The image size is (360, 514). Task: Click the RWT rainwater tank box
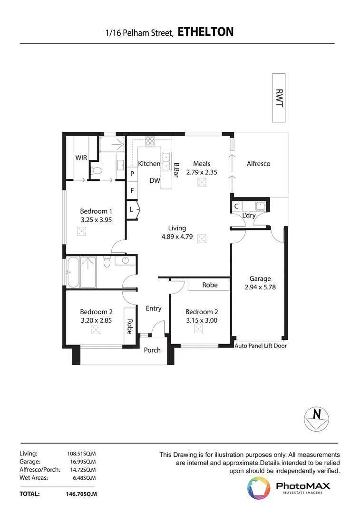pos(279,98)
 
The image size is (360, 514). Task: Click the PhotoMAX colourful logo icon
pos(259,488)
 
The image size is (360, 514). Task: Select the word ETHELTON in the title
pos(206,32)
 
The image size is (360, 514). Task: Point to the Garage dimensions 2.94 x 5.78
pos(260,287)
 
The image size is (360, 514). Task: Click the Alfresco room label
pos(258,164)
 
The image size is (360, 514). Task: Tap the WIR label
pos(81,158)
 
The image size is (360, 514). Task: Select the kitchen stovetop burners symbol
pos(150,141)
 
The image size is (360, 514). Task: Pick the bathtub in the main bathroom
pos(73,272)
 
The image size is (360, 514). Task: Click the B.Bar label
pos(176,170)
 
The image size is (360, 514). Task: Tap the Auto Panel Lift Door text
pos(261,346)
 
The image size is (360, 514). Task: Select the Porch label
pos(152,350)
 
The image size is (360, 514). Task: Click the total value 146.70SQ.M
pos(82,494)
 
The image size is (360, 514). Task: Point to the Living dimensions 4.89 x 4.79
pos(177,237)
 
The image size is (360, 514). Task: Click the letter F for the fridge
pos(132,190)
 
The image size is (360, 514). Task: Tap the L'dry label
pos(249,216)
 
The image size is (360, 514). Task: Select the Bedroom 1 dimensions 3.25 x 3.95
pos(97,220)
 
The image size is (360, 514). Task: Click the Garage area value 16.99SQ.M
pos(83,462)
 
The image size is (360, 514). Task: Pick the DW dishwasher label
pos(155,180)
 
